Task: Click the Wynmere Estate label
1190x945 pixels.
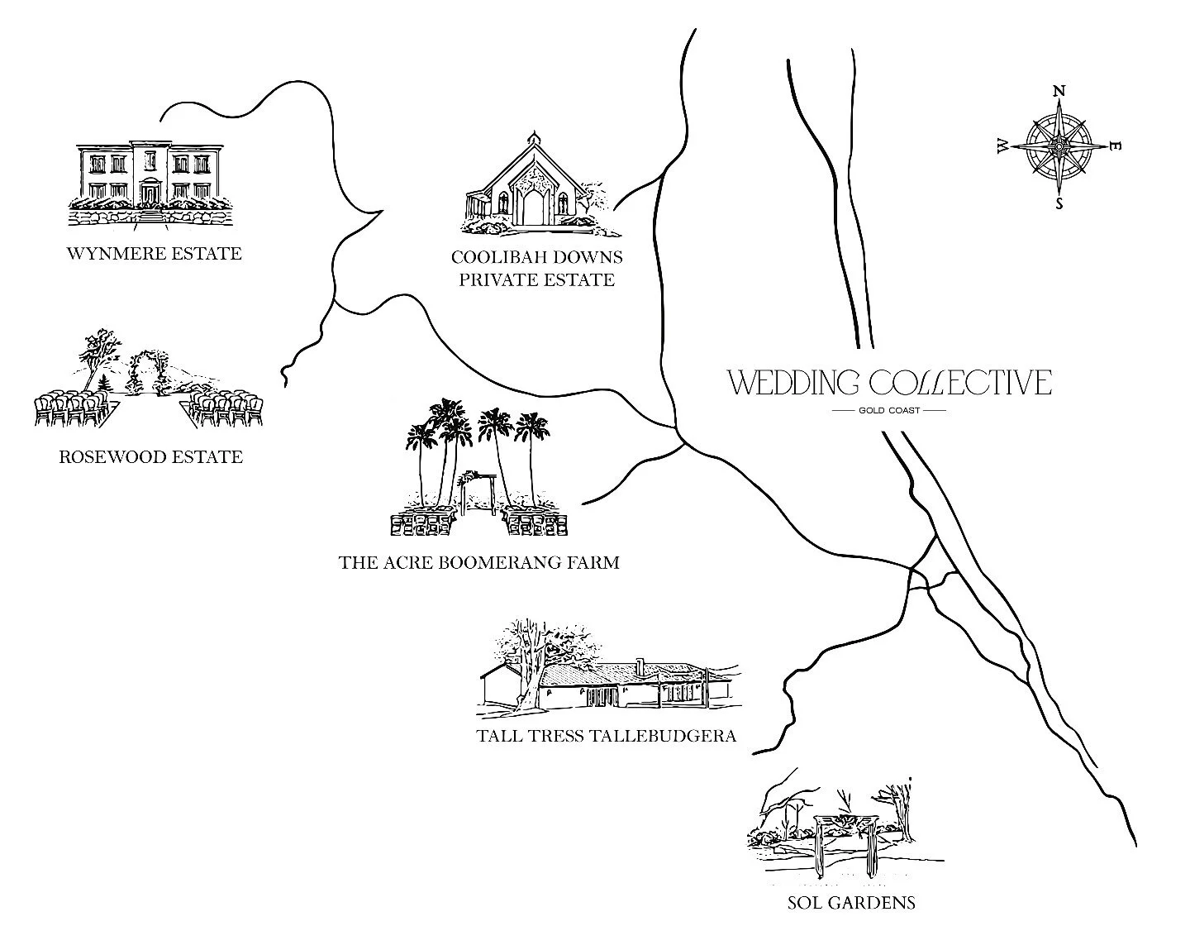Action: coord(154,253)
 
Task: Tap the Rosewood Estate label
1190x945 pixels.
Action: coord(151,456)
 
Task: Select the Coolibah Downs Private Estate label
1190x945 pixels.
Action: coord(536,268)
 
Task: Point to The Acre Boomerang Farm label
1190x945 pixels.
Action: coord(478,563)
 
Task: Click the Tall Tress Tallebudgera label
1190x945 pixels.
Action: coord(606,736)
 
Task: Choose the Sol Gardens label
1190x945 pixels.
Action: coord(851,902)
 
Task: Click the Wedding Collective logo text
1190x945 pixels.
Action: coord(889,383)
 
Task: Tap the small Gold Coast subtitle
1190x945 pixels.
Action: coord(889,410)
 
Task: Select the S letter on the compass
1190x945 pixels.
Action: coord(1059,203)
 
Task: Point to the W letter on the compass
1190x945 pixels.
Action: coord(1002,146)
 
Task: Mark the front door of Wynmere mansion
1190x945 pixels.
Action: coord(150,194)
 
